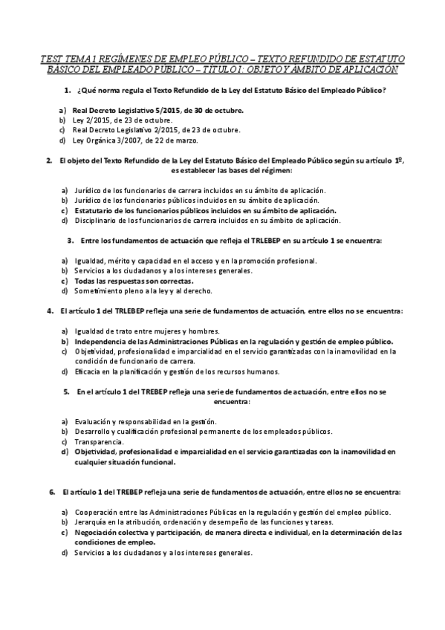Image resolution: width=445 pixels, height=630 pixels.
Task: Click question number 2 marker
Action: (49, 160)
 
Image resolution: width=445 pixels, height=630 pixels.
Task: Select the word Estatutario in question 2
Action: (96, 210)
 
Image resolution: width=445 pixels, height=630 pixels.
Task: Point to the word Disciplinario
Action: (97, 221)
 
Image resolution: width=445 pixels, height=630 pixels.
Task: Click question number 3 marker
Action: (71, 241)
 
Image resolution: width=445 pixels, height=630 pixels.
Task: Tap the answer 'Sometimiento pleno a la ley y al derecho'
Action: (137, 292)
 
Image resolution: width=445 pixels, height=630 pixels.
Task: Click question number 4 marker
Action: (49, 311)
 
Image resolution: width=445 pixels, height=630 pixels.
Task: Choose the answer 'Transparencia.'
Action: (100, 441)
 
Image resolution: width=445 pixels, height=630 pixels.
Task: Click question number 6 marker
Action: (52, 492)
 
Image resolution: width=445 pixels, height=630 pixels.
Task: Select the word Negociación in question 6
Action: (99, 533)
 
